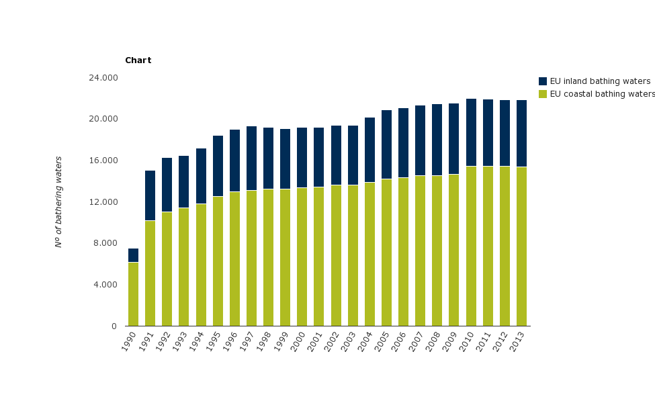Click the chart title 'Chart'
(x=138, y=60)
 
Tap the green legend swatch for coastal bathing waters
(x=543, y=94)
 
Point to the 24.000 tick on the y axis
(x=103, y=78)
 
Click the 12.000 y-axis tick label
(x=103, y=202)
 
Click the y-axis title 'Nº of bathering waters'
(x=58, y=201)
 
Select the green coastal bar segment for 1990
(x=133, y=294)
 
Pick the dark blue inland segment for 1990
(x=133, y=255)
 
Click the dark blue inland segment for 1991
(x=150, y=195)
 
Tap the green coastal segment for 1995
(x=218, y=261)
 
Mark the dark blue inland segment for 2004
(x=369, y=150)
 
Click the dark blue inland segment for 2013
(x=521, y=134)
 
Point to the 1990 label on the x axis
(x=130, y=339)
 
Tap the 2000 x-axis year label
(x=298, y=339)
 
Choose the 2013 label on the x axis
(x=517, y=339)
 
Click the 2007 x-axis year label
(x=417, y=339)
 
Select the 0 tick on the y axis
(x=114, y=326)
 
